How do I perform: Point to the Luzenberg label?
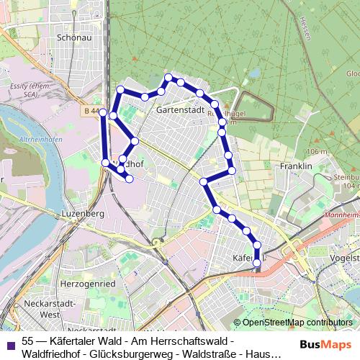tap(83, 215)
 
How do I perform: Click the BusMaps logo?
tap(320, 343)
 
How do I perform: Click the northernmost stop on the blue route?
tap(168, 77)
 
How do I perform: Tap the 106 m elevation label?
tap(316, 152)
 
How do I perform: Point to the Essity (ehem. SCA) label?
tap(27, 88)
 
